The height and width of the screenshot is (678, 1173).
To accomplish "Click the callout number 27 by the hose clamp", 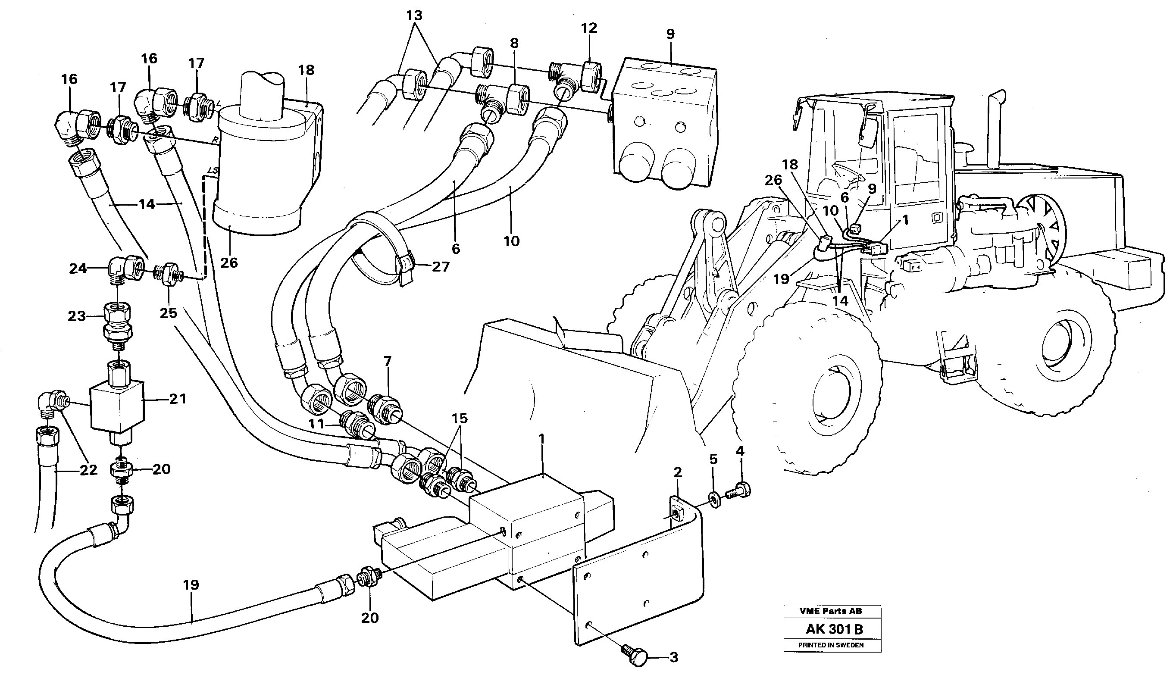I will [440, 267].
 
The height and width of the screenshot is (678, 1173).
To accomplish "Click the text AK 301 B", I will [834, 629].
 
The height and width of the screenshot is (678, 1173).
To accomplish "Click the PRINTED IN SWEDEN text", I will [831, 645].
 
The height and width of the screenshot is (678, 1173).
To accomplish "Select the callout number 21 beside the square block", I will [177, 398].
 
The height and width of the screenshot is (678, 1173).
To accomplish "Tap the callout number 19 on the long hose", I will [191, 585].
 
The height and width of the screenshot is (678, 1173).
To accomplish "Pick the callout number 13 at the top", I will [414, 16].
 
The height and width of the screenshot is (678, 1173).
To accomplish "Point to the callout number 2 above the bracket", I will [678, 472].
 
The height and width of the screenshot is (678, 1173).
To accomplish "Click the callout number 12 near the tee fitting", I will [589, 28].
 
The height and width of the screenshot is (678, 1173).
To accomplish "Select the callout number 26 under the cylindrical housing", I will [229, 263].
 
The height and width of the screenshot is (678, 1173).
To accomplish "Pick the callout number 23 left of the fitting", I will [77, 316].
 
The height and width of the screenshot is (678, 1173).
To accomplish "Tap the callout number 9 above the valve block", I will [670, 34].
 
